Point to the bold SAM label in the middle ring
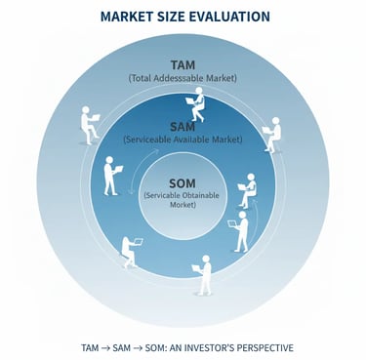pos(183,128)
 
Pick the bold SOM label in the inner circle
pos(183,183)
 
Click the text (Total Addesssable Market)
pos(183,77)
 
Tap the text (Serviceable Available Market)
pos(183,140)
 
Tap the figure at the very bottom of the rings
pos(204,275)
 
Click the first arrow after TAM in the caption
pos(104,346)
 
